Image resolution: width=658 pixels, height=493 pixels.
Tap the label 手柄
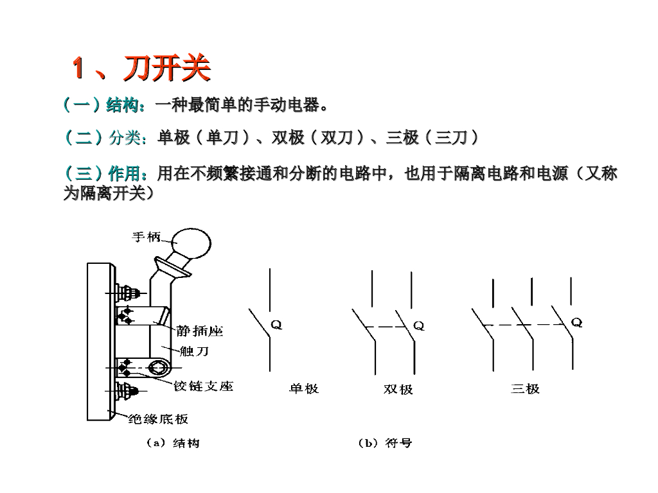(146, 237)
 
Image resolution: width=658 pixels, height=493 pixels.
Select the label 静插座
(199, 331)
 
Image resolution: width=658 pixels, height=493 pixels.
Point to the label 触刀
(194, 351)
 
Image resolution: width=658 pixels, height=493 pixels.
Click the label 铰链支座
(203, 386)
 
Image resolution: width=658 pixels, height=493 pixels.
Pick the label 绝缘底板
(158, 419)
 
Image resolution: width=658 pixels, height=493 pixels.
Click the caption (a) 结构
(173, 443)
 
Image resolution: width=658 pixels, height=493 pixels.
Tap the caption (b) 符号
(385, 443)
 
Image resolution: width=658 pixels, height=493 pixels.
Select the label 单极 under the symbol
(304, 388)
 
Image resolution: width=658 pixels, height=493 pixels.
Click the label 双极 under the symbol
(398, 389)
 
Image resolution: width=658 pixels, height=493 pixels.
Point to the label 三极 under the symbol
(525, 388)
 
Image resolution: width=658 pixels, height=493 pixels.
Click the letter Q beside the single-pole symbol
(276, 325)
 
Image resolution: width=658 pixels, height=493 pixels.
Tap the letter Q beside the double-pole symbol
(418, 326)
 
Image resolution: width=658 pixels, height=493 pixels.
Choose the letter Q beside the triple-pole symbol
(577, 323)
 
